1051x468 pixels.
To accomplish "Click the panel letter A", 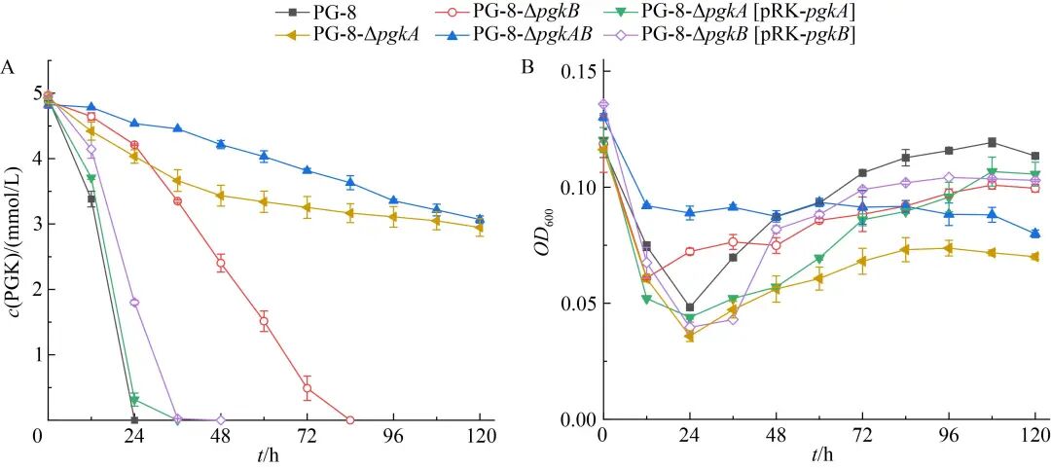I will pos(8,67).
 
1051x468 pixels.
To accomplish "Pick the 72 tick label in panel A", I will pos(308,436).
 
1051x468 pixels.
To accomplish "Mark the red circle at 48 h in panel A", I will pos(221,263).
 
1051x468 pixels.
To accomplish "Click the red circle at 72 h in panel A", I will pos(308,388).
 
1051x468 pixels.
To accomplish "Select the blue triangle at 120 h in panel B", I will pos(1035,234).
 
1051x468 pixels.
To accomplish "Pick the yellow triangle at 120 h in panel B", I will pos(1035,257).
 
